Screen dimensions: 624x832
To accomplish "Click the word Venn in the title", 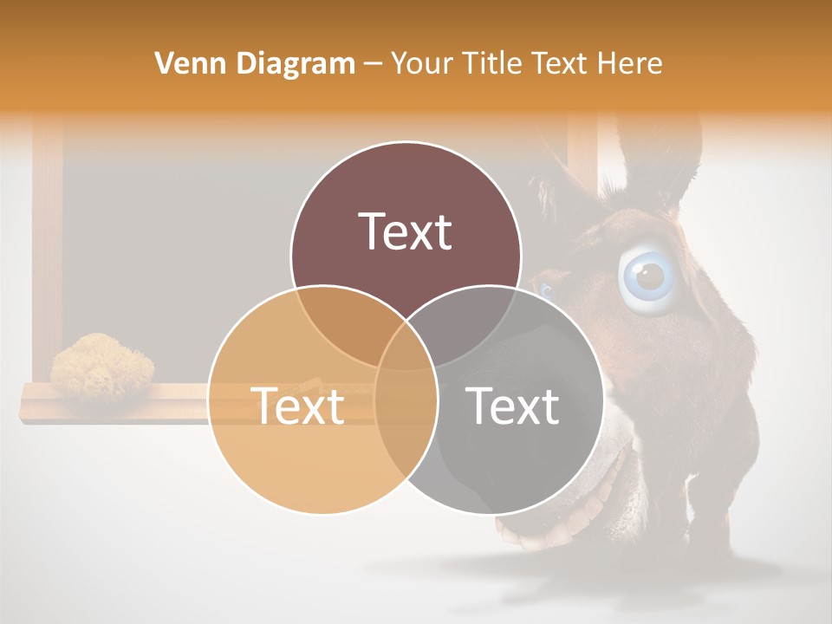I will coord(184,63).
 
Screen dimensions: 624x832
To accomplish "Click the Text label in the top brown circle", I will coord(406,231).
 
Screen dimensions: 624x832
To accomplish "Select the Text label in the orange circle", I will coord(297,406).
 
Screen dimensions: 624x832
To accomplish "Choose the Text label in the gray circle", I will coord(513,406).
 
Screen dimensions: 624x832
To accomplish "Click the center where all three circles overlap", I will coord(406,347).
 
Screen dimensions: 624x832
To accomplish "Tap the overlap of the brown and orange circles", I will coord(342,325).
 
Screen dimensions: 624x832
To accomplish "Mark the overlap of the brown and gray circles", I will coord(472,325).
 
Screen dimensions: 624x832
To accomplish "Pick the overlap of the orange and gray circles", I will coord(406,416).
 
